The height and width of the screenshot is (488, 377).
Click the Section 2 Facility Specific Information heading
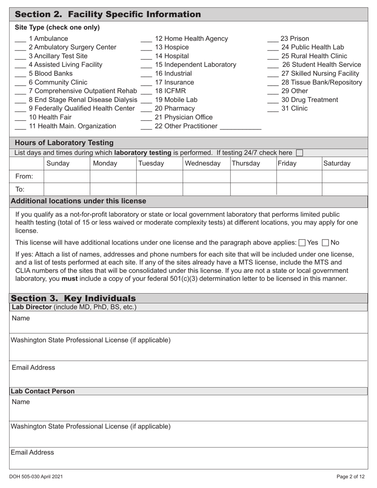point(108,15)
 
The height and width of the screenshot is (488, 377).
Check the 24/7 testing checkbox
point(300,153)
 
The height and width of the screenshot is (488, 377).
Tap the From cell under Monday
point(113,176)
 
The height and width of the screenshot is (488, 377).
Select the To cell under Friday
point(299,189)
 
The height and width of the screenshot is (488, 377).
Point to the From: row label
point(24,176)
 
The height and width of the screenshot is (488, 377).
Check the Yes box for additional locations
point(302,243)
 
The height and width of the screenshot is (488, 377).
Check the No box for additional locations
point(326,243)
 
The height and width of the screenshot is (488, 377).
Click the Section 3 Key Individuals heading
point(73,298)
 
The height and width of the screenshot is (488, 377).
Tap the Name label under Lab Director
point(21,318)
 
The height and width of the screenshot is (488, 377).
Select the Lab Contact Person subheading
point(43,391)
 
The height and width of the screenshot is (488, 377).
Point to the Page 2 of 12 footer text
point(350,477)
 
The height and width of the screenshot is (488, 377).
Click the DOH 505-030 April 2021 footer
point(36,477)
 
